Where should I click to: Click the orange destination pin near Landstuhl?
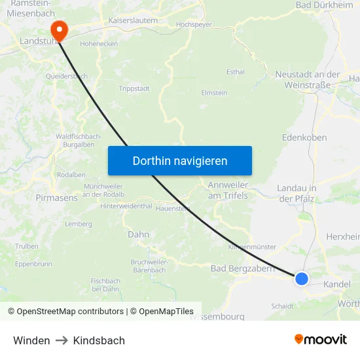tap(58, 29)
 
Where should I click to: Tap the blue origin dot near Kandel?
tap(301, 279)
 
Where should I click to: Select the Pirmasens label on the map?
tap(56, 197)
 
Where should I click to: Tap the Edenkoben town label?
tap(304, 138)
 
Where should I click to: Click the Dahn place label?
tap(138, 234)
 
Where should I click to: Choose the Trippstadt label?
tap(134, 88)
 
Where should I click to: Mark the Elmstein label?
tap(214, 93)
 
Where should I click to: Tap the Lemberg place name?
tap(78, 224)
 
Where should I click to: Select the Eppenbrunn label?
tap(33, 264)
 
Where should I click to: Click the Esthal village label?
tap(235, 72)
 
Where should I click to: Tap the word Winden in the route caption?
tap(31, 340)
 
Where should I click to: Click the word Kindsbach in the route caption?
tap(99, 340)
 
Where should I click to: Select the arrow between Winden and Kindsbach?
tap(62, 340)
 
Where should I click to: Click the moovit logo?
tap(320, 339)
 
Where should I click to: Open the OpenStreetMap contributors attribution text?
tap(65, 312)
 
